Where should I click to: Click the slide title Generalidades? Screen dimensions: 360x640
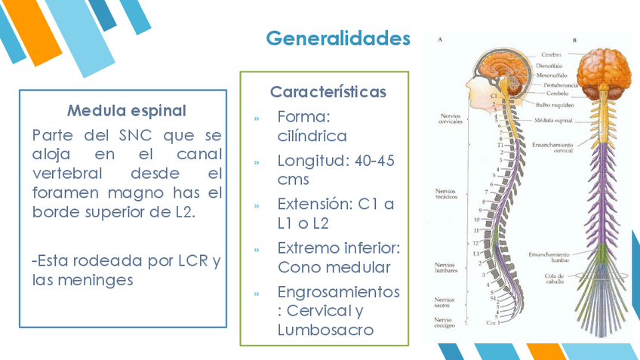[x=338, y=38]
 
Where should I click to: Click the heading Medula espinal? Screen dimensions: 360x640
[x=126, y=111]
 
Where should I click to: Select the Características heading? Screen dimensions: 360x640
[x=328, y=92]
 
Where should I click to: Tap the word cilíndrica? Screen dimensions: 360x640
[x=312, y=137]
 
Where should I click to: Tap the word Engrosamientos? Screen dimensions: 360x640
[x=338, y=291]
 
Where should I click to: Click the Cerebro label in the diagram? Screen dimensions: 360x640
[x=551, y=55]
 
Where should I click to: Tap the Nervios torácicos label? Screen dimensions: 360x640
[x=445, y=194]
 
